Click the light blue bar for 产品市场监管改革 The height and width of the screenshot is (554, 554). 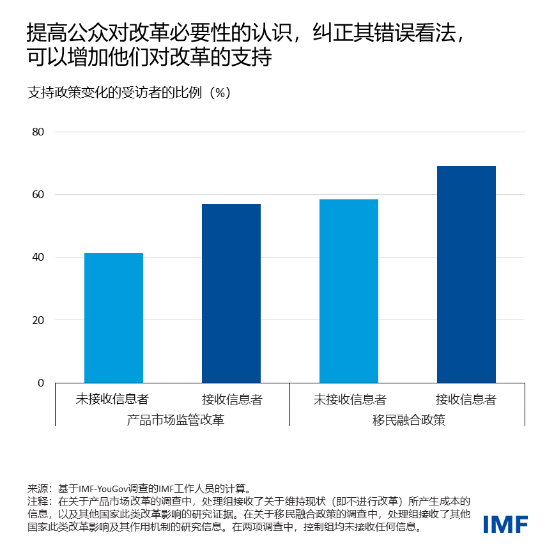tap(114, 318)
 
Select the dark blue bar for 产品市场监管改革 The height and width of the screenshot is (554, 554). tap(231, 293)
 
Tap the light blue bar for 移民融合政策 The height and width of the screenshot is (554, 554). tap(349, 291)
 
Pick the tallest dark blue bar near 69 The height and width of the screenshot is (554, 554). tap(466, 274)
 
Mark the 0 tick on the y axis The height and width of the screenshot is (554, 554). tap(41, 383)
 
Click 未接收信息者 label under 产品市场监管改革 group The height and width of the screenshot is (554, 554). tap(112, 399)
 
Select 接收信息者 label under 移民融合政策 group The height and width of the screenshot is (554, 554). tap(466, 399)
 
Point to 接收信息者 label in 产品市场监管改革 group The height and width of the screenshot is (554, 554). tap(232, 399)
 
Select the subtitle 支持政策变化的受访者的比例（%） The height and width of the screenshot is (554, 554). tap(128, 92)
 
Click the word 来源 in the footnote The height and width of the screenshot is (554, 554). tap(36, 488)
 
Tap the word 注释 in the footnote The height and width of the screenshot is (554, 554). tap(36, 501)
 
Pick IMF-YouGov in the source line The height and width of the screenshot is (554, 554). tap(104, 488)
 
